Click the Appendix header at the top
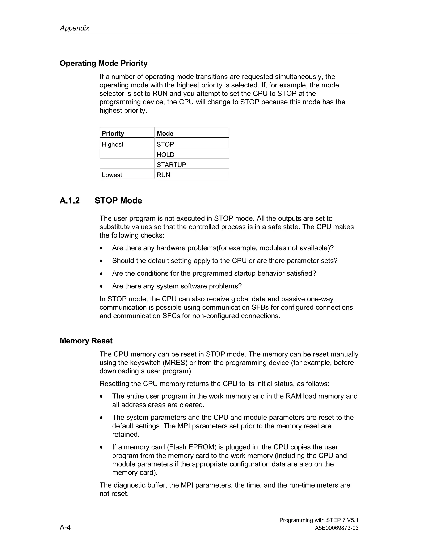pos(74,28)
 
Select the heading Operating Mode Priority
pos(104,63)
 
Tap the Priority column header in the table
pos(113,133)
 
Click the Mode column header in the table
pos(165,133)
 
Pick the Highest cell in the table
pos(112,144)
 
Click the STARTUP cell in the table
pos(171,165)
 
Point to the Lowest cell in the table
pos(112,175)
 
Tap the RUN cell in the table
pos(163,175)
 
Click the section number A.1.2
pos(69,201)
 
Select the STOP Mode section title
pos(118,201)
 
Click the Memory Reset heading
pos(86,341)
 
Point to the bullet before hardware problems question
pos(101,248)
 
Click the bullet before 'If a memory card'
pos(101,448)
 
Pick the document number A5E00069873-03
pos(337,528)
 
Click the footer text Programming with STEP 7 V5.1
pos(319,520)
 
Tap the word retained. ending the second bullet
pos(126,435)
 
